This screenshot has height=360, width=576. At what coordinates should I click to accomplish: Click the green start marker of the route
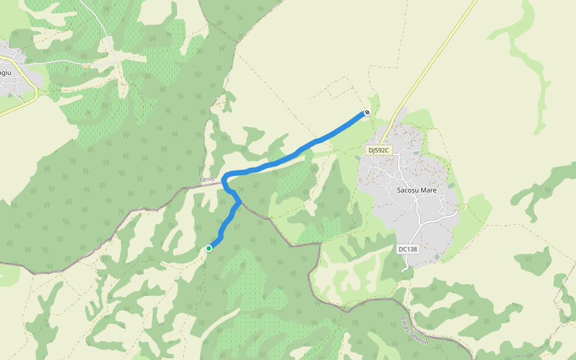(x=209, y=248)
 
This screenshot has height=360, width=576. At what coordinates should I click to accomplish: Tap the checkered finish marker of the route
(x=367, y=112)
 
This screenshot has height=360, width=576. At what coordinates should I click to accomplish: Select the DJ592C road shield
(x=379, y=150)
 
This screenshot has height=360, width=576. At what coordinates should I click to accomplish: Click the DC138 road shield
(x=407, y=248)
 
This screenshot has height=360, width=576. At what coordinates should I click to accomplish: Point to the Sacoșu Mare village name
(x=416, y=190)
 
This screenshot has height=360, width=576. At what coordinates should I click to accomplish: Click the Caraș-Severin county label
(x=415, y=330)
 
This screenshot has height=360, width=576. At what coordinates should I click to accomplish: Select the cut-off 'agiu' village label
(x=5, y=73)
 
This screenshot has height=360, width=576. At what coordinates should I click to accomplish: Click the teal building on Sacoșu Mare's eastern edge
(x=451, y=185)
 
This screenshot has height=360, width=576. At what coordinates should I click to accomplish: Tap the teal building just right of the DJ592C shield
(x=416, y=153)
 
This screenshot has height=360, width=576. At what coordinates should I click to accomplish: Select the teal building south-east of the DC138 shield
(x=437, y=257)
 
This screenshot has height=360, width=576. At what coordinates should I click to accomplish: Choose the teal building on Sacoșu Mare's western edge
(x=358, y=158)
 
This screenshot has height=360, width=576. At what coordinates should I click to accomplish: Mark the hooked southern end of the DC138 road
(x=406, y=269)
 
